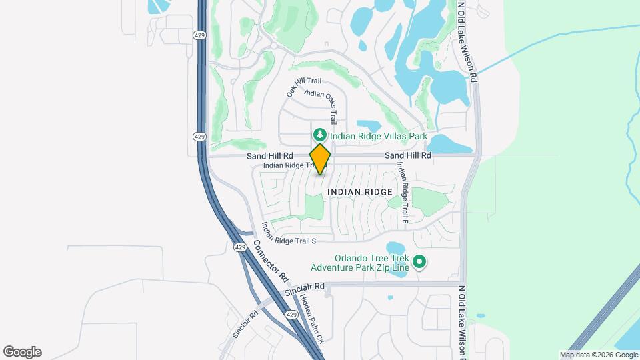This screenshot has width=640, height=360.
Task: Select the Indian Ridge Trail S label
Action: [288, 233]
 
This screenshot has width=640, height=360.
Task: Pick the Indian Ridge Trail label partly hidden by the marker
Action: [287, 165]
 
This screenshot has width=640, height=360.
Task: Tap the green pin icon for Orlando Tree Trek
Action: [419, 262]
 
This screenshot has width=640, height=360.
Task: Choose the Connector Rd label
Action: [271, 260]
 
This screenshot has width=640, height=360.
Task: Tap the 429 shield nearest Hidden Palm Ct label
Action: [291, 314]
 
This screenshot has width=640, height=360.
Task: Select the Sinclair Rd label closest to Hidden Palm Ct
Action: [304, 289]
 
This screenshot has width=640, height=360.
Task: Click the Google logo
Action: [22, 351]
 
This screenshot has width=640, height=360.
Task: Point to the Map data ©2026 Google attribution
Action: [598, 355]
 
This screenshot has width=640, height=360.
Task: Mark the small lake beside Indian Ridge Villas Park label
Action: [369, 125]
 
